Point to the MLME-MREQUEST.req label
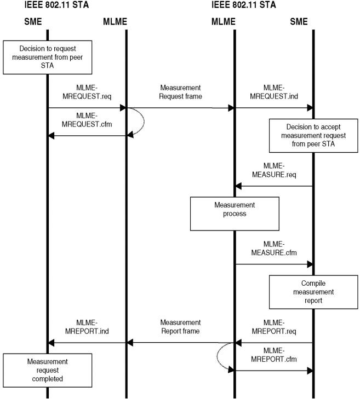pos(87,92)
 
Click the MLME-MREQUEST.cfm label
pos(87,120)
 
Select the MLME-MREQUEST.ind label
pos(274,92)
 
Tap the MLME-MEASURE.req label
pos(274,170)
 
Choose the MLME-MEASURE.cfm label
pos(274,249)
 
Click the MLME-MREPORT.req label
pos(274,327)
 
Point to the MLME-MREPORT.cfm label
pos(274,355)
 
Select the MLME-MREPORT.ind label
pos(87,327)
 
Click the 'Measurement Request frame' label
pos(180,92)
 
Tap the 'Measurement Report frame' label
pos(180,327)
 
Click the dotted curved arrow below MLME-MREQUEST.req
pos(144,122)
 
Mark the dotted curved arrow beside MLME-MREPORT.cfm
pos(217,356)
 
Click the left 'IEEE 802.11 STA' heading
pos(56,5)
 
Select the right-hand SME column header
pos(299,21)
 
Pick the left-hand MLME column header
pos(115,21)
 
